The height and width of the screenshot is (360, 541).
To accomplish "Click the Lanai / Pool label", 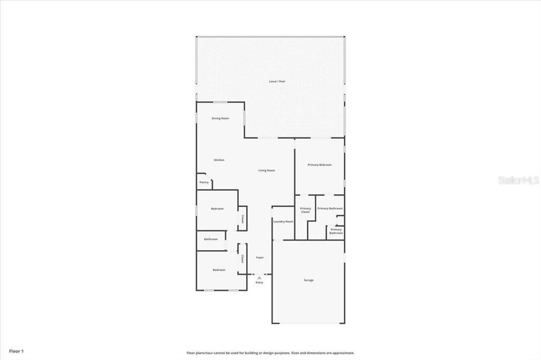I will pos(277,81).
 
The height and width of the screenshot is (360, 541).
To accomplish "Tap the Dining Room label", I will pos(220,118).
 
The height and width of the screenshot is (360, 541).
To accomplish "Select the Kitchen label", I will pos(219,160).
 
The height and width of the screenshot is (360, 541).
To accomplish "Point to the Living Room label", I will pos(267,170).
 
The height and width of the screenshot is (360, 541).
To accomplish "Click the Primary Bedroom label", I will pos(319,164).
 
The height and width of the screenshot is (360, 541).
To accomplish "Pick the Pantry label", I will pos(204,182).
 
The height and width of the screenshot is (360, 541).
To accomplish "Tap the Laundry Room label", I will pos(283,221).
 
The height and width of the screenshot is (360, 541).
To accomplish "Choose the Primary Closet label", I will pos(305,210).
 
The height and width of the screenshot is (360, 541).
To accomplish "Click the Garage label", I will pos(309,280).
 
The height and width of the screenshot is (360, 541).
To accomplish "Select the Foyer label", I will pos(260,257).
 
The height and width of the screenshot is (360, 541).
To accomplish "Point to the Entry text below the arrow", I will pos(259,283).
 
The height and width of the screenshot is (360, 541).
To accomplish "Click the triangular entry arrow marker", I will pos(259,277).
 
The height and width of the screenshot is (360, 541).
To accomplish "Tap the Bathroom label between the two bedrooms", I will pos(211,239).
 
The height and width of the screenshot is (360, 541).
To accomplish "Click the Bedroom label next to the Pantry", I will pos(217,209).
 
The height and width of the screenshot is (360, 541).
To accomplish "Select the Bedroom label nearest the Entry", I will pos(219,270).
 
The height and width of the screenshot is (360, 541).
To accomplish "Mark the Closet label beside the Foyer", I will pos(242,259).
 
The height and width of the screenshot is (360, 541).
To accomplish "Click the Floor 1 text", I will pos(16,350).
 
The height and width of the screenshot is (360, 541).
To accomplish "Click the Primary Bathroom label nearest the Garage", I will pos(336,231).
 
